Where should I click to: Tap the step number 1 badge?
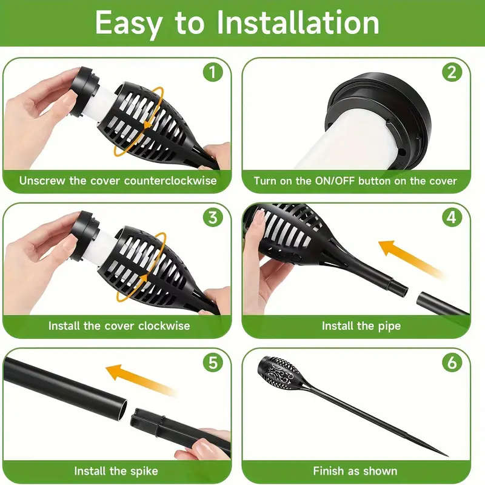[x=212, y=73]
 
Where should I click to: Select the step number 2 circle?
[x=452, y=73]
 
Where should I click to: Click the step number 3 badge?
[x=212, y=218]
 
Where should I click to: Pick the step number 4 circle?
[x=452, y=218]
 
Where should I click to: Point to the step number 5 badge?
[x=212, y=363]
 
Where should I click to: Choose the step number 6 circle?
[x=452, y=363]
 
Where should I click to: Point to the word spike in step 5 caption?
[x=143, y=470]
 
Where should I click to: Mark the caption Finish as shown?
[x=355, y=470]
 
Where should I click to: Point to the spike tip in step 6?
[x=446, y=453]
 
